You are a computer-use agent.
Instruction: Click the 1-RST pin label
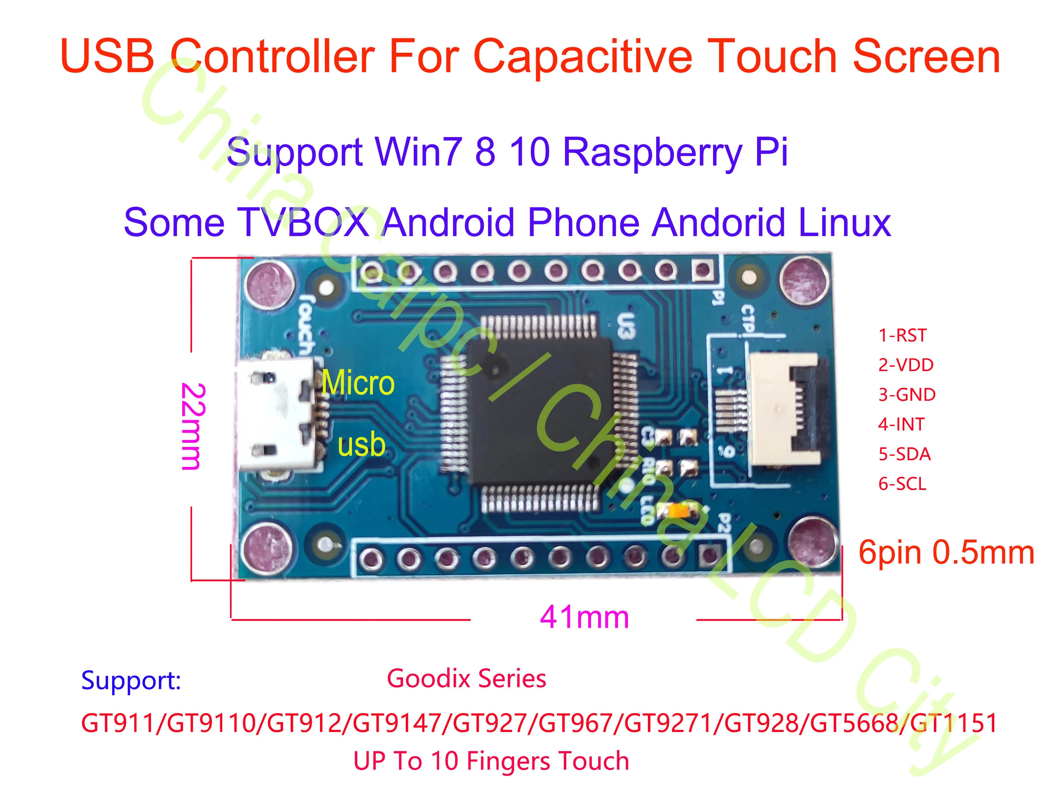click(x=902, y=335)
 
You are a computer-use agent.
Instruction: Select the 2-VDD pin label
click(x=905, y=365)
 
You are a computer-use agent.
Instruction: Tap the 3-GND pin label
click(x=906, y=395)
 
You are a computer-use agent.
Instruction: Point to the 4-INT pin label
click(x=901, y=424)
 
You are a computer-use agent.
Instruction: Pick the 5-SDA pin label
click(x=904, y=454)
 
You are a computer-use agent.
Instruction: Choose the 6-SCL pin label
click(x=902, y=484)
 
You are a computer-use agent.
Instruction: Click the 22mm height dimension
click(x=194, y=426)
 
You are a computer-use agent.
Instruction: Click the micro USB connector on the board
click(x=278, y=414)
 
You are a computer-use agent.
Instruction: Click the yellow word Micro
click(x=358, y=383)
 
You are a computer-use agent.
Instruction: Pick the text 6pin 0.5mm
click(x=946, y=552)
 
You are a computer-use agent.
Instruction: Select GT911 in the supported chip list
click(x=119, y=723)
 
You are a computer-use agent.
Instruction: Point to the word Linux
click(x=844, y=222)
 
